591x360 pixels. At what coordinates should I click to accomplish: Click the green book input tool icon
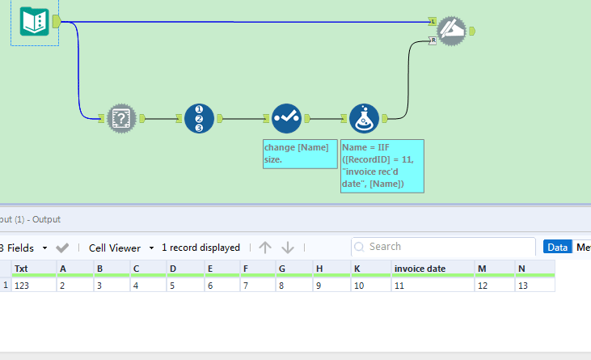tap(35, 22)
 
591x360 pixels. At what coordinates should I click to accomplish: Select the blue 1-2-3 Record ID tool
tap(199, 118)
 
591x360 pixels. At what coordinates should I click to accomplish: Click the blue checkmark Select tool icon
tap(286, 118)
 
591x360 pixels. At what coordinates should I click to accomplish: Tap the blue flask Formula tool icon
tap(365, 118)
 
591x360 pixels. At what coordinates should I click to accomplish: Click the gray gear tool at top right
tap(453, 31)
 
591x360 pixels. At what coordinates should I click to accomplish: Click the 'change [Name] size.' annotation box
tap(299, 154)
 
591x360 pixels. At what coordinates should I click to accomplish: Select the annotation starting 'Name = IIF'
tap(382, 166)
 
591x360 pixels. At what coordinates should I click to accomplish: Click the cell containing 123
tap(32, 286)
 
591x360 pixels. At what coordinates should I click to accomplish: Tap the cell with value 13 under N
tap(534, 286)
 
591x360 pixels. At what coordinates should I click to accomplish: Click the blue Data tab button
tap(556, 248)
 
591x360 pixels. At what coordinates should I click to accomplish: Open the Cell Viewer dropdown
tap(120, 248)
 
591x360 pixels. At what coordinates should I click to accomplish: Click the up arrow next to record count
tap(265, 248)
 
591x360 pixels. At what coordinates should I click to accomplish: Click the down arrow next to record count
tap(288, 248)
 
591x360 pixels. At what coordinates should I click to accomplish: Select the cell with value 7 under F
tap(256, 286)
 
